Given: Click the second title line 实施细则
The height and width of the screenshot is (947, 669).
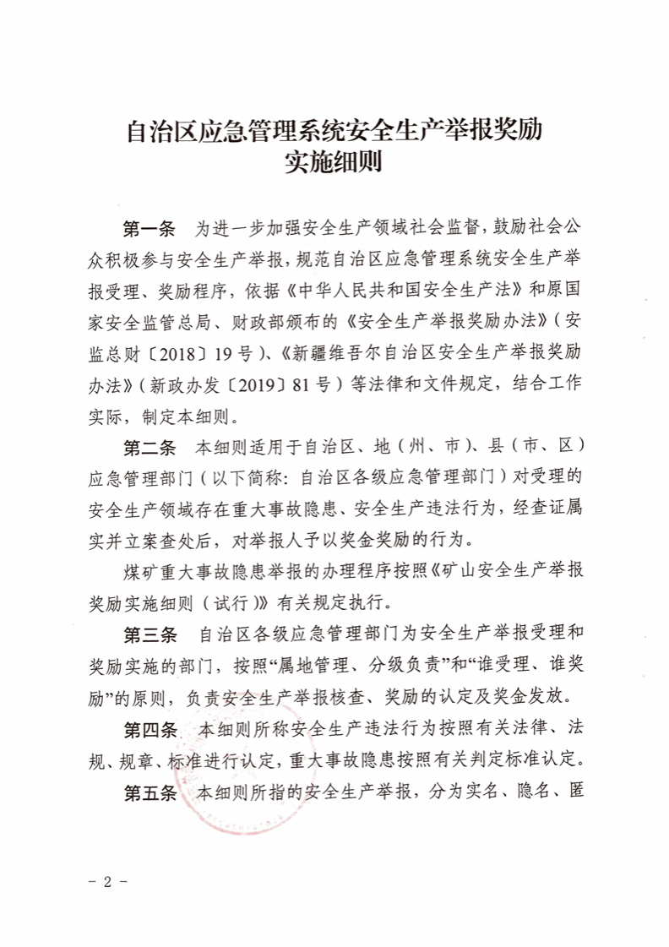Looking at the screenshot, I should (x=334, y=161).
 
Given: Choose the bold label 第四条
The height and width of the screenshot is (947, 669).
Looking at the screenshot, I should (x=150, y=729).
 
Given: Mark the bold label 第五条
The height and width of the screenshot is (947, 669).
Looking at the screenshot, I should (x=150, y=793).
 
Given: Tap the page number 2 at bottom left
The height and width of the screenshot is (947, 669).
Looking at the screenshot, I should (x=107, y=882).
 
